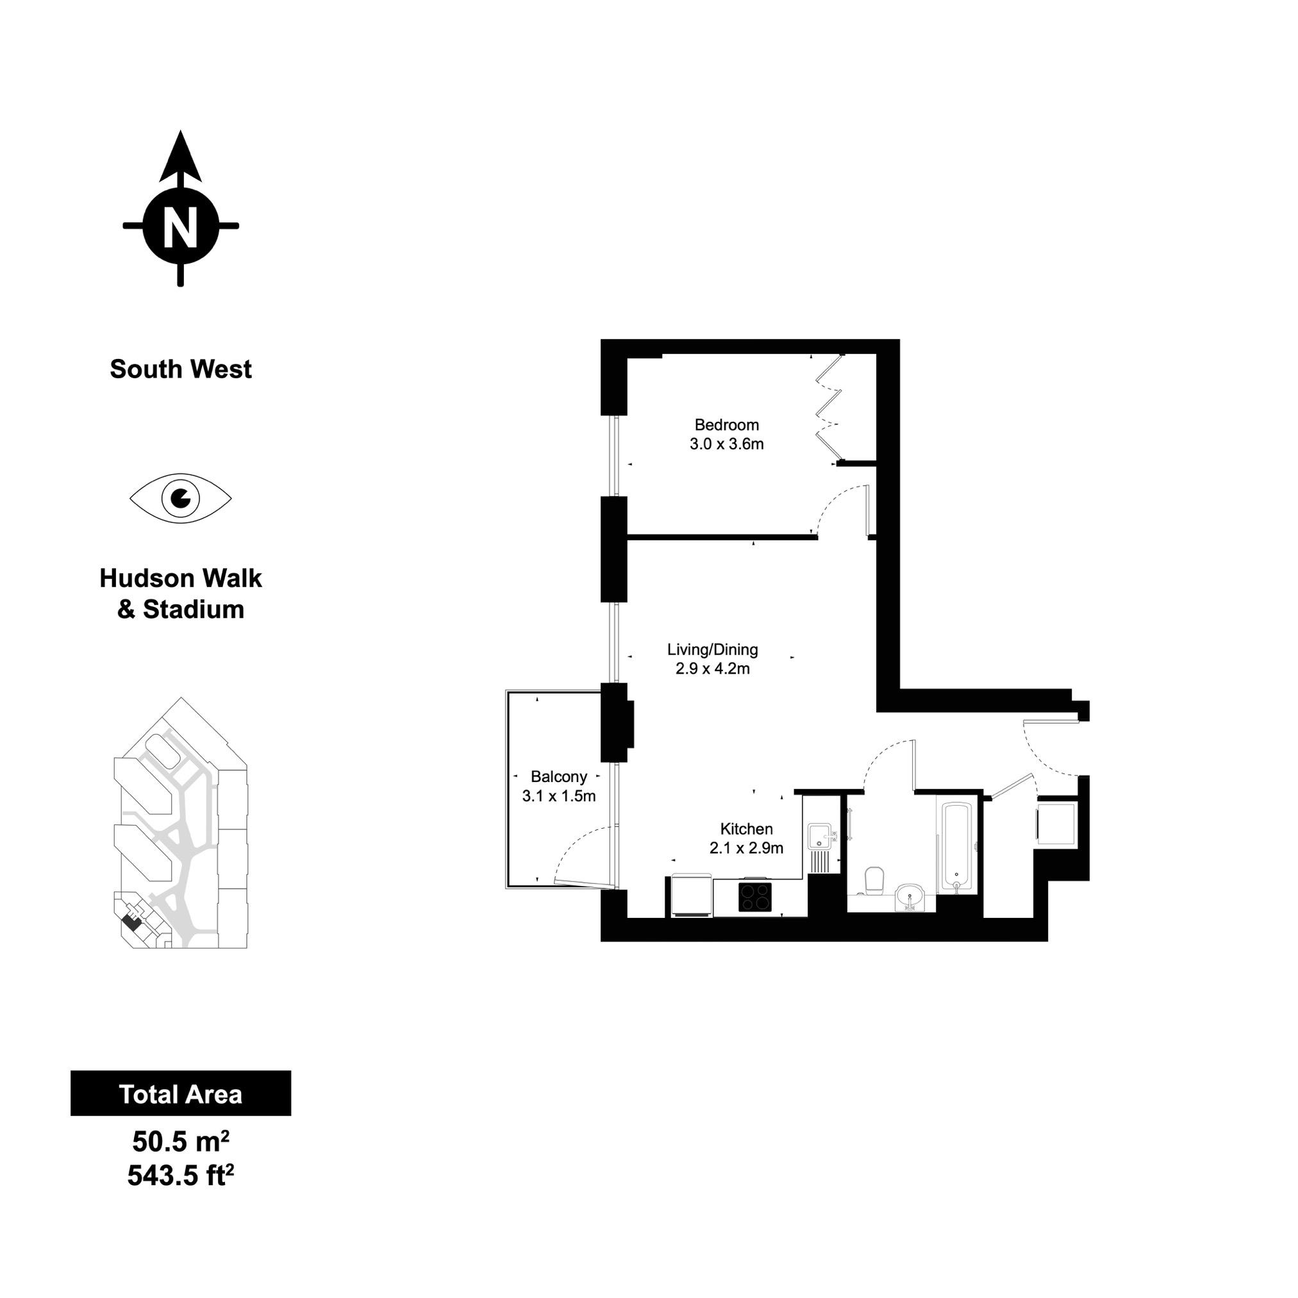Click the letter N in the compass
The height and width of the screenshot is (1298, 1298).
[180, 226]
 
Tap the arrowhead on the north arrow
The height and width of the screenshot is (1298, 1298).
[180, 156]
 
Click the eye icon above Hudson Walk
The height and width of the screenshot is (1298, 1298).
[181, 498]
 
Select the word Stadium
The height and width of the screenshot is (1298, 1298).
[194, 610]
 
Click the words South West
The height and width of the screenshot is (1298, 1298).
[181, 369]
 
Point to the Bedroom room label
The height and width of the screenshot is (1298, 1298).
[727, 424]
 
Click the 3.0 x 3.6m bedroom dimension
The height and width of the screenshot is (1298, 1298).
[727, 444]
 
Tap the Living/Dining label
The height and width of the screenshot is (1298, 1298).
[713, 650]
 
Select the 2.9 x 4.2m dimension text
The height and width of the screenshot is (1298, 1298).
[713, 669]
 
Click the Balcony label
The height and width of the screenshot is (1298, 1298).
[559, 777]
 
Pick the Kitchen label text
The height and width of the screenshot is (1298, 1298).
[746, 829]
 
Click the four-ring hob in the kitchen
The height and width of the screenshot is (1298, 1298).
[755, 897]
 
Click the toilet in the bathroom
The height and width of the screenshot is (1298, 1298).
[874, 879]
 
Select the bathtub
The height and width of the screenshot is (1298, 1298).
[957, 846]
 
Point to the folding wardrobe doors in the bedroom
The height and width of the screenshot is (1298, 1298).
[828, 408]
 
